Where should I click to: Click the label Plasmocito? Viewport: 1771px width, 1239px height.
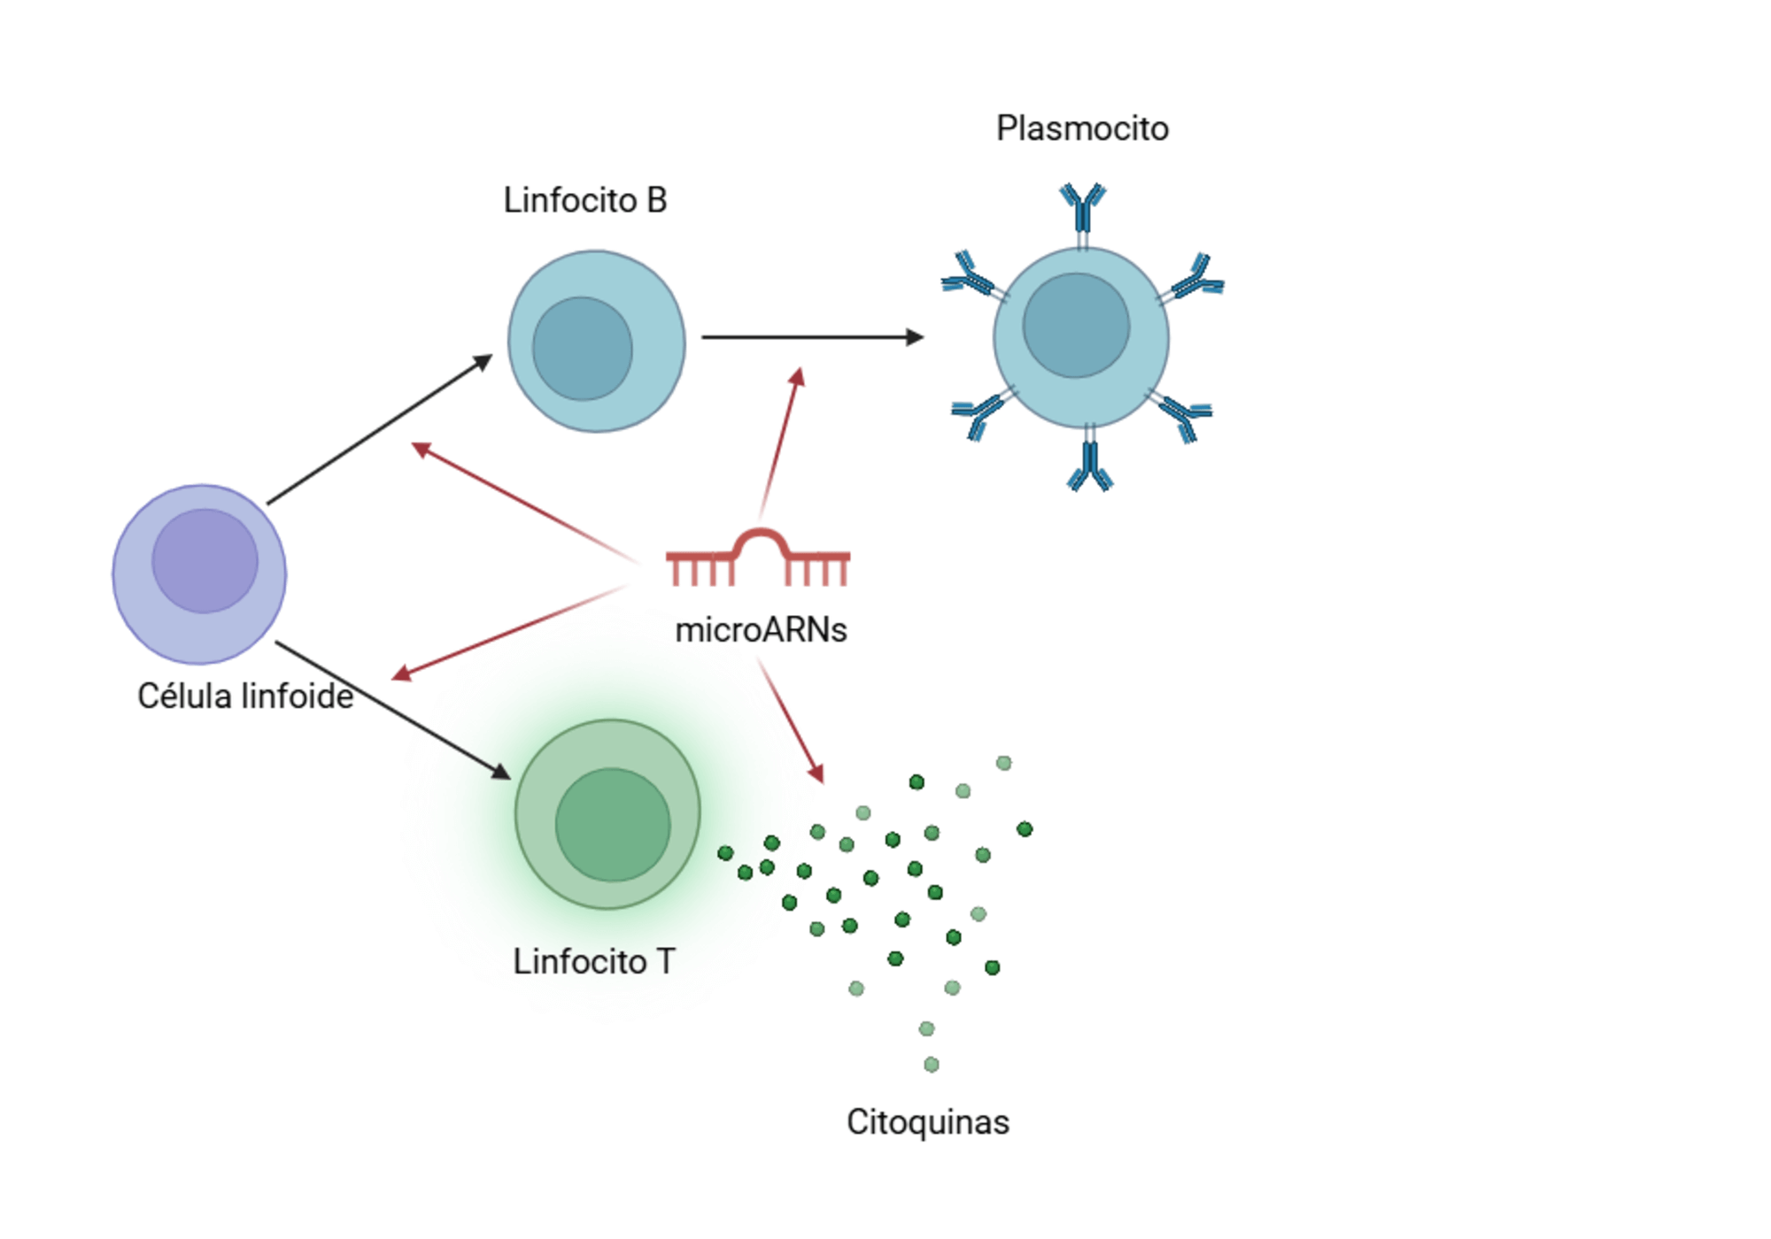click(x=1082, y=128)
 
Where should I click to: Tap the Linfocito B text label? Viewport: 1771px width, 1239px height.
click(x=584, y=200)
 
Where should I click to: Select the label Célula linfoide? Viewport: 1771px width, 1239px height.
click(x=245, y=696)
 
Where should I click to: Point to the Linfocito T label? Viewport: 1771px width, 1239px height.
click(x=593, y=961)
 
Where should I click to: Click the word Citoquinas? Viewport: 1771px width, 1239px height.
click(x=927, y=1122)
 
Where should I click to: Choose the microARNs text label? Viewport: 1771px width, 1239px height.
click(x=761, y=630)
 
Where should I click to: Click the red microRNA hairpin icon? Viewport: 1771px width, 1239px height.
click(x=758, y=558)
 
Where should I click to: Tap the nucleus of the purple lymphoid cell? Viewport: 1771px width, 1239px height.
click(x=205, y=560)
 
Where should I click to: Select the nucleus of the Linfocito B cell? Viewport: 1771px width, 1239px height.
click(x=582, y=349)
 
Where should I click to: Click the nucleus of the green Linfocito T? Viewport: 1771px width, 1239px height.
click(x=613, y=824)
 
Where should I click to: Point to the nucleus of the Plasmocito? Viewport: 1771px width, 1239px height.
click(x=1076, y=325)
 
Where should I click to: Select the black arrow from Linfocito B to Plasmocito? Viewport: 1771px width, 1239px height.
click(x=811, y=337)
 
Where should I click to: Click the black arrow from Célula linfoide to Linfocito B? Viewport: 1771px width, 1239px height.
click(x=379, y=430)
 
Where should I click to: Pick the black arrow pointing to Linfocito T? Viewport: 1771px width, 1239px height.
click(x=393, y=711)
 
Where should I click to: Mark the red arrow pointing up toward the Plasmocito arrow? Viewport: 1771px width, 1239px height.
click(x=780, y=442)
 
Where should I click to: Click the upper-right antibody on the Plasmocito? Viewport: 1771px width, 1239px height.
click(x=1196, y=280)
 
